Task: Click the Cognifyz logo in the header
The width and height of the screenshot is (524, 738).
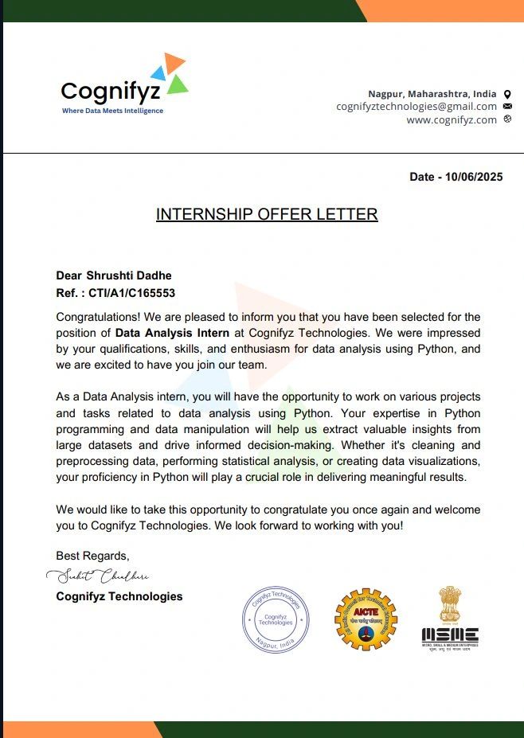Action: point(124,84)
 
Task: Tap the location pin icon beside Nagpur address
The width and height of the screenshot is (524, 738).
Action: point(507,94)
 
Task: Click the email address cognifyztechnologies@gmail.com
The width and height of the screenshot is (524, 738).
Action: point(416,106)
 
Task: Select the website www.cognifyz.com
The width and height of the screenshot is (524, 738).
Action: point(452,119)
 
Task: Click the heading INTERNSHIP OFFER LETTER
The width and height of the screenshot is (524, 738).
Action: point(267,214)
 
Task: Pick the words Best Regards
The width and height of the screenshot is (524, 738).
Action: point(92,555)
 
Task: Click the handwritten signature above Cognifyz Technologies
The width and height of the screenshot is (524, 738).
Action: point(98,575)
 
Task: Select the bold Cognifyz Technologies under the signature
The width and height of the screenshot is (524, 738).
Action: point(119,596)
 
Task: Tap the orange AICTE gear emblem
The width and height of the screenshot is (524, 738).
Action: point(366,619)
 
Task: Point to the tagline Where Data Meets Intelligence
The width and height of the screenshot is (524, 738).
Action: point(112,111)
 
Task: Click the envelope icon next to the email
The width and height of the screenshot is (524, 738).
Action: point(507,107)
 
